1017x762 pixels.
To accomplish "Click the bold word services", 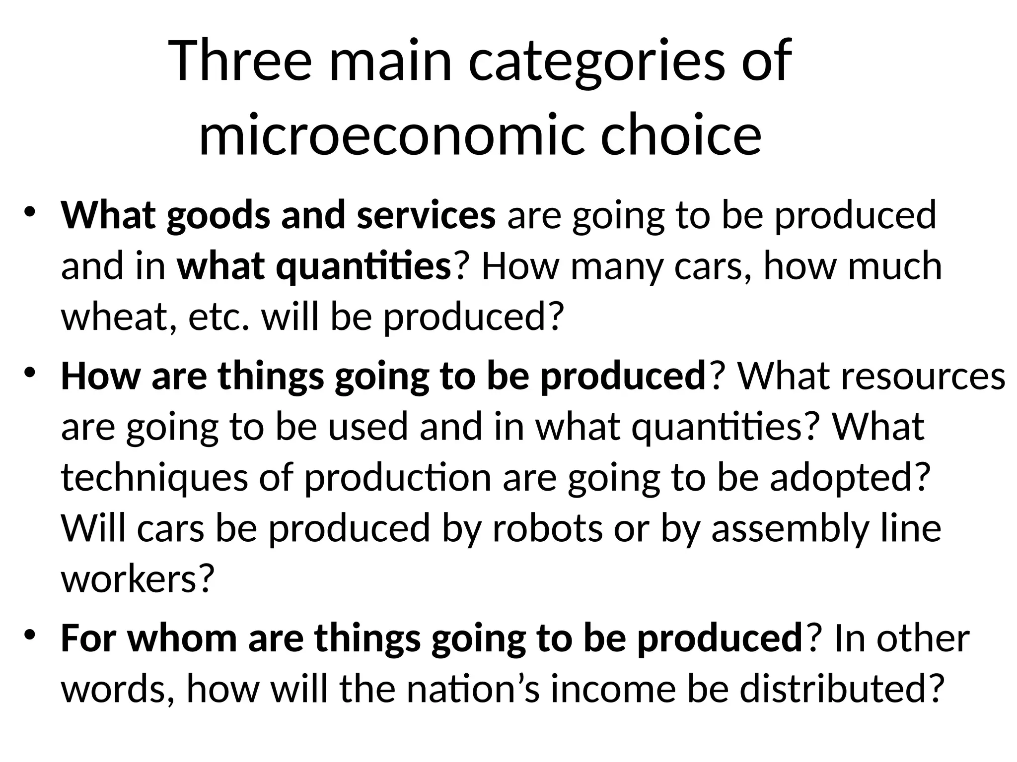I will click(426, 216).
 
